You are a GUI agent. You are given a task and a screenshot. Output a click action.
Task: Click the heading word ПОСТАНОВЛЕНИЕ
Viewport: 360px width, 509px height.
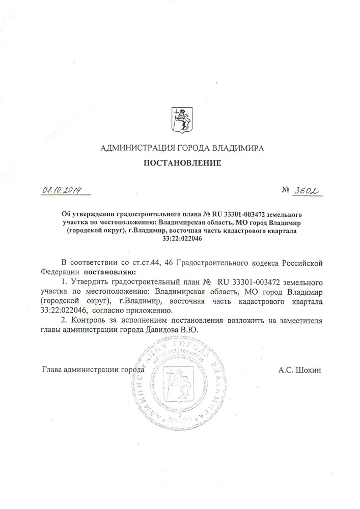[x=181, y=164]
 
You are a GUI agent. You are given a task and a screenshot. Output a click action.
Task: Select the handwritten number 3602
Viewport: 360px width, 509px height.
[x=307, y=190]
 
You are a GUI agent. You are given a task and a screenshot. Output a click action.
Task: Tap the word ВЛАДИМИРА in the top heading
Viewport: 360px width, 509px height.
[x=239, y=148]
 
